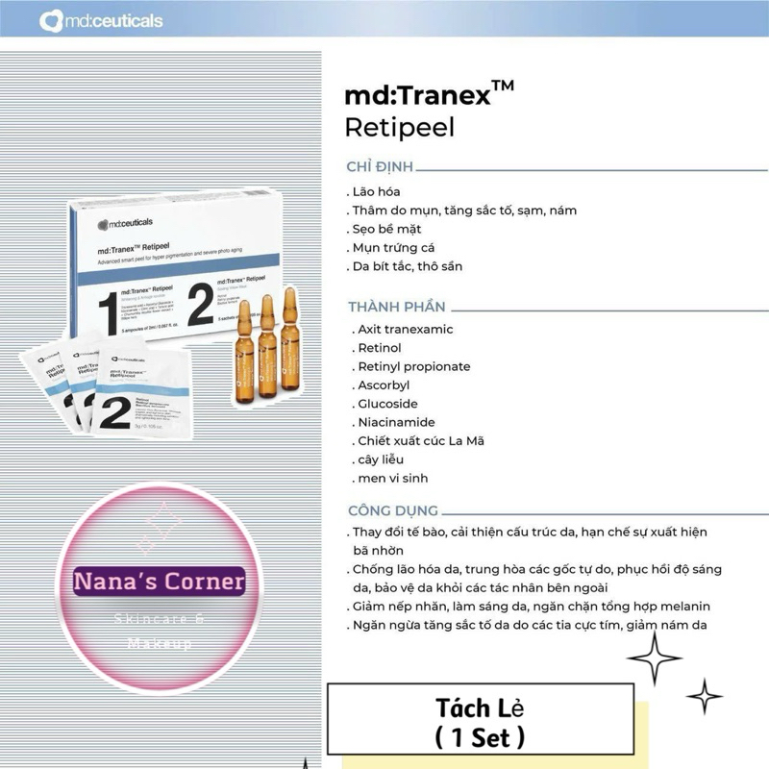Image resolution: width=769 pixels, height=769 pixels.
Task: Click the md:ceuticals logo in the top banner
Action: click(101, 21)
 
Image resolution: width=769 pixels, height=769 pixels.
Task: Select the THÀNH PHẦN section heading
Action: click(397, 307)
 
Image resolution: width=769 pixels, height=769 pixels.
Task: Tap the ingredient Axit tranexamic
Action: click(404, 330)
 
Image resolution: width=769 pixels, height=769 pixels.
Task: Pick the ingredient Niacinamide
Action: click(395, 422)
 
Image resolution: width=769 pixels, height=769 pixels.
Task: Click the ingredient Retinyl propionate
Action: click(411, 366)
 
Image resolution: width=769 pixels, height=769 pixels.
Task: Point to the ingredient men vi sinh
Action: click(391, 478)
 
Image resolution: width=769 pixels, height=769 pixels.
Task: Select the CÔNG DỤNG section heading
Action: click(393, 510)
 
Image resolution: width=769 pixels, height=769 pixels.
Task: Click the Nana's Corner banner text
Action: click(161, 582)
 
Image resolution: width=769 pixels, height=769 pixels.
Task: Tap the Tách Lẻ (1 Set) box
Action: click(481, 723)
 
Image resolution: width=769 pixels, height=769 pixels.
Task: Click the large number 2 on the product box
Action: click(200, 306)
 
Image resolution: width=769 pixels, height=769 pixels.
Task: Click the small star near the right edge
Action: click(705, 695)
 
